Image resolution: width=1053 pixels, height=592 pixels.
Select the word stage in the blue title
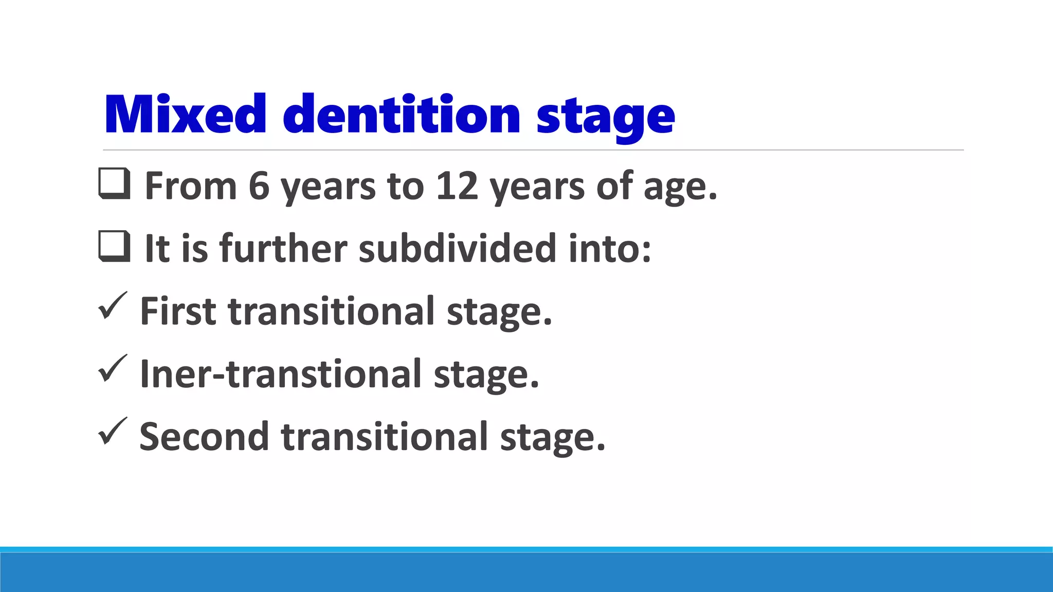coord(605,117)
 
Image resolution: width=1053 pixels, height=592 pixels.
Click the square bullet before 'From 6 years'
coord(114,184)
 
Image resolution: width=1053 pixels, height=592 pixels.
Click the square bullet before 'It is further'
coord(114,247)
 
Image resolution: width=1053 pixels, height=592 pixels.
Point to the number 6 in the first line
coord(259,186)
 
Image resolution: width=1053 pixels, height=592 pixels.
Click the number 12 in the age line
coord(457,186)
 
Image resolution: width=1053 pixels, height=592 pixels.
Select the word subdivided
coord(457,249)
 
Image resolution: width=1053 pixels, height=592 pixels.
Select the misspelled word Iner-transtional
coord(281,374)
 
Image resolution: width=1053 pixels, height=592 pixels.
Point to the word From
coord(191,186)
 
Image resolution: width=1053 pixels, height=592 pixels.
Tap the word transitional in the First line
coord(332,311)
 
